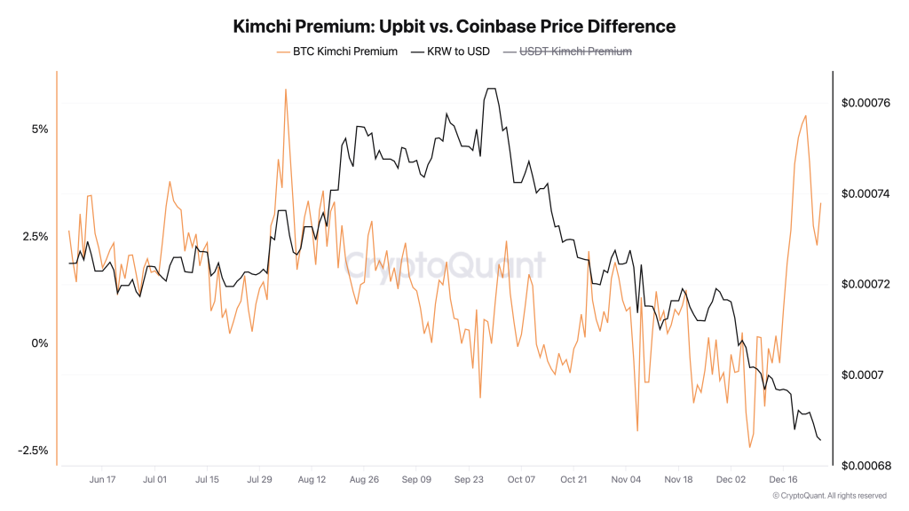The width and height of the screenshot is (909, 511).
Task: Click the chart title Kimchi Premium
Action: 454,27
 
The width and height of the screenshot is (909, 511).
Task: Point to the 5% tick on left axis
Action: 40,129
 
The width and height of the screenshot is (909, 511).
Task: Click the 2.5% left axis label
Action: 36,236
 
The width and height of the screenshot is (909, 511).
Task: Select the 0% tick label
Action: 40,343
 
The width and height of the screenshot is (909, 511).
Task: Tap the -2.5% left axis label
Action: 34,451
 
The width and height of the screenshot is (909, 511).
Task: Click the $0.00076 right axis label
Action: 866,103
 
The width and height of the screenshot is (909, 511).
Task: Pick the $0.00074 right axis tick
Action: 866,193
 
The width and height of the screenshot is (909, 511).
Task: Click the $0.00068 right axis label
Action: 866,465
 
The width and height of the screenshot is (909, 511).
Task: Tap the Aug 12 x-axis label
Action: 312,479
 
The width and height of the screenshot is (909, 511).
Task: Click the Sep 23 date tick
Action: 469,479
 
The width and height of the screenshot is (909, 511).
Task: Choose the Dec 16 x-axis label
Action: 783,479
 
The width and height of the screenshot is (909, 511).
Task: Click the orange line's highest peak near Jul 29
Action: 286,90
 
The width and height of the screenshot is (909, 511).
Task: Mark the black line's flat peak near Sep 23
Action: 491,89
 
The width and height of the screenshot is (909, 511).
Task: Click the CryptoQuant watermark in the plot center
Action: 444,263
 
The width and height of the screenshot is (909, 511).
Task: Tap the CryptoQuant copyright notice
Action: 829,495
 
